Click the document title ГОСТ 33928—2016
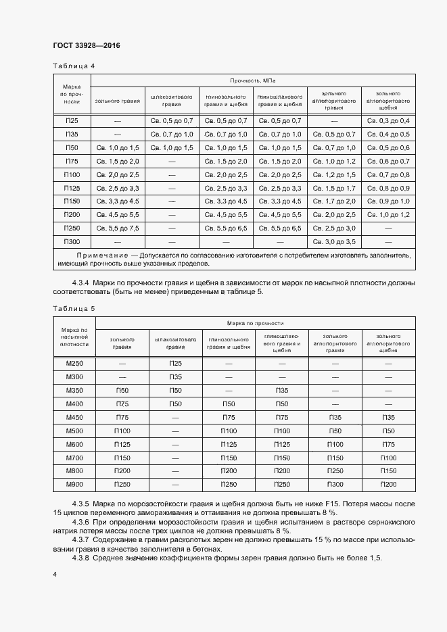point(86,46)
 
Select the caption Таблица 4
point(74,66)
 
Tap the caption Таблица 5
point(74,308)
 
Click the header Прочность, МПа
point(253,80)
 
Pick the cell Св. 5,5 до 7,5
point(118,228)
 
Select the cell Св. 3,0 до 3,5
point(334,241)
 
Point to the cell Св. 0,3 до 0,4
point(388,120)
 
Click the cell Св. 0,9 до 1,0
point(388,201)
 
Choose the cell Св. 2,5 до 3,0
point(334,228)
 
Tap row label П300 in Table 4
point(72,241)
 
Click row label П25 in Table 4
point(72,120)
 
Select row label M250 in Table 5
point(74,364)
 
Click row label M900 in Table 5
point(74,485)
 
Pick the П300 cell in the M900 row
point(335,485)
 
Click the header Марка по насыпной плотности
point(74,336)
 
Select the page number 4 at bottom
point(54,574)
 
